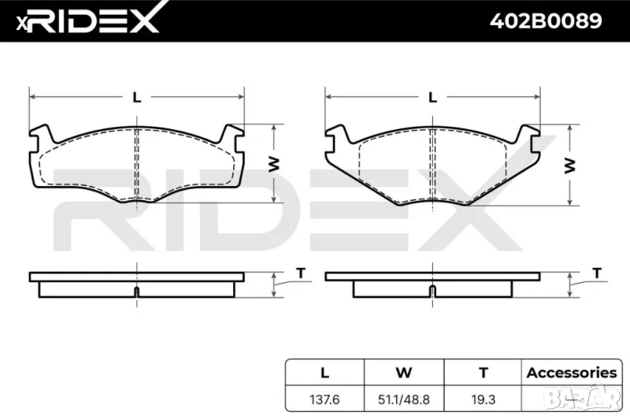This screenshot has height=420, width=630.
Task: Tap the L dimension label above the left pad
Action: pos(137,97)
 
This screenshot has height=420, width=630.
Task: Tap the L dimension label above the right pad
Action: pos(432,97)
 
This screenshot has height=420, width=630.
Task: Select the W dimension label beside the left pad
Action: pos(273,163)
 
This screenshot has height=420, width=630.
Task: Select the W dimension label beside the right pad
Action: pos(569,165)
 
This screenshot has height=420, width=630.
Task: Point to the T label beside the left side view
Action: pos(300,273)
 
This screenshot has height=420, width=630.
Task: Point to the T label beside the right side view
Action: pos(596,273)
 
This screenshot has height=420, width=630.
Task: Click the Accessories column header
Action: pos(571,373)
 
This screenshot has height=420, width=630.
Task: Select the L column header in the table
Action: pos(324,373)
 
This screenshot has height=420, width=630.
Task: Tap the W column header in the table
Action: pos(404,373)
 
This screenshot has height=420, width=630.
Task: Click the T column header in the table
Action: pos(484,373)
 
